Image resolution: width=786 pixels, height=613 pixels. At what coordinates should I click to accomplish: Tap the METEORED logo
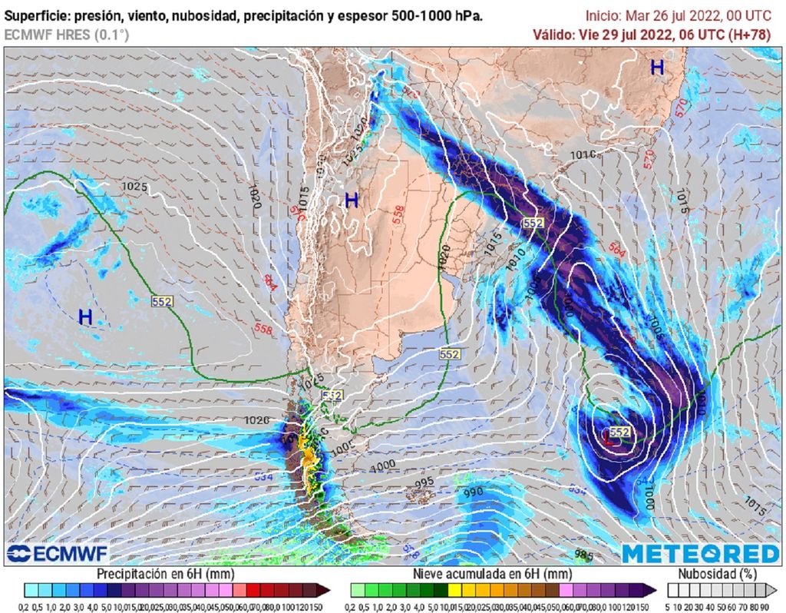click(700, 554)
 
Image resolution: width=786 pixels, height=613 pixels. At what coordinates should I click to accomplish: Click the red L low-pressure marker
click(609, 439)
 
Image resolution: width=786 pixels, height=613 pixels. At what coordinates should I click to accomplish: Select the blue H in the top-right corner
click(657, 68)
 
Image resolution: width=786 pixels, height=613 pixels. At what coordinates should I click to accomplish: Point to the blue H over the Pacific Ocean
click(85, 316)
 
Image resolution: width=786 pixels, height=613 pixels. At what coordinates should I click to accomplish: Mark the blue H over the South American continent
click(352, 201)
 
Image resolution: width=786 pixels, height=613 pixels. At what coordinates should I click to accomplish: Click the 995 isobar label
click(424, 482)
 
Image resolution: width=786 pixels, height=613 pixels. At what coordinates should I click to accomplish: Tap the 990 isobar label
click(473, 492)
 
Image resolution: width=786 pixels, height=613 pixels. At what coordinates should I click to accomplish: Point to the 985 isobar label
click(583, 555)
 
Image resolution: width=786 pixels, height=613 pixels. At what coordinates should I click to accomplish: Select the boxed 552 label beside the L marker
click(620, 432)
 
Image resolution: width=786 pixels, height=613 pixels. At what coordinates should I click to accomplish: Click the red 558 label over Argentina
click(398, 217)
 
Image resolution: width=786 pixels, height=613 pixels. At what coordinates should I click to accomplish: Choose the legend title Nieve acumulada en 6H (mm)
click(492, 574)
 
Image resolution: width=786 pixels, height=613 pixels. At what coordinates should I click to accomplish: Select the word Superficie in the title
click(38, 16)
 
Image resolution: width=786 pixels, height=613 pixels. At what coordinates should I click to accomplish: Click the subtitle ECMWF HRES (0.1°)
click(66, 35)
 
